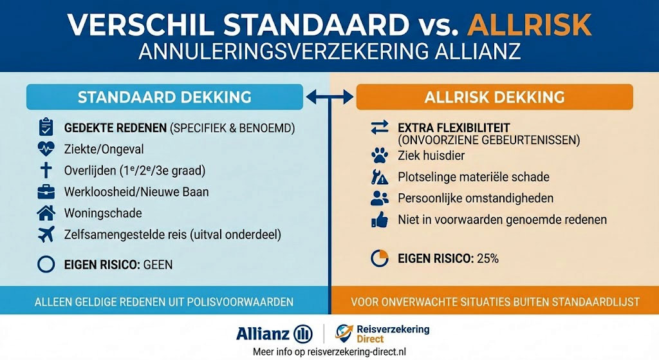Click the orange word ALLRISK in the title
click(530, 25)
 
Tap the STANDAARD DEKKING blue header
click(164, 97)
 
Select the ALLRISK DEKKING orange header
click(494, 97)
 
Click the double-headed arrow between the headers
click(330, 97)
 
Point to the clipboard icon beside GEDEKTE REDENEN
click(46, 127)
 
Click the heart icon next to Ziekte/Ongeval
click(46, 149)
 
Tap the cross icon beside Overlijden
click(46, 170)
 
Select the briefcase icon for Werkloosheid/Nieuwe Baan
click(46, 192)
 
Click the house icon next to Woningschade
click(46, 213)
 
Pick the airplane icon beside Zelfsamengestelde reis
click(46, 234)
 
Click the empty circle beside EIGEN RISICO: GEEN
click(46, 265)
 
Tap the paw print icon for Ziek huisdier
click(380, 156)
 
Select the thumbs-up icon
click(380, 220)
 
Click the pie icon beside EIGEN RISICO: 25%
click(380, 258)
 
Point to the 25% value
click(488, 259)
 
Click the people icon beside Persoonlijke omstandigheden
click(380, 198)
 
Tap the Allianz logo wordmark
click(263, 334)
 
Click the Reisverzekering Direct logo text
click(393, 334)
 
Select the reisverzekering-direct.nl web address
click(357, 352)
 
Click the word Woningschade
click(103, 213)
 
